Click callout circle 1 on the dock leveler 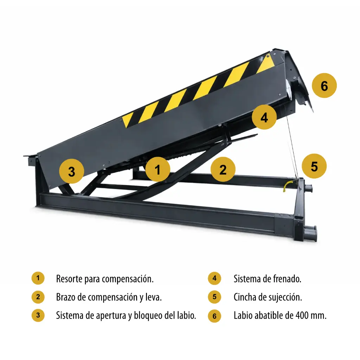[x=158, y=169]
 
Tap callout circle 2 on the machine [x=223, y=169]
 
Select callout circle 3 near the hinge [x=72, y=171]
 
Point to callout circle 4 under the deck [x=264, y=117]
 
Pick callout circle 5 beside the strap [x=314, y=166]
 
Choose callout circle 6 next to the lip [x=324, y=86]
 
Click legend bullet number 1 [x=38, y=278]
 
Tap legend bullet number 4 [x=214, y=278]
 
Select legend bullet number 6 [x=214, y=316]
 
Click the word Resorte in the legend [x=69, y=279]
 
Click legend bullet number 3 [x=38, y=315]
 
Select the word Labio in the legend [x=243, y=315]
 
